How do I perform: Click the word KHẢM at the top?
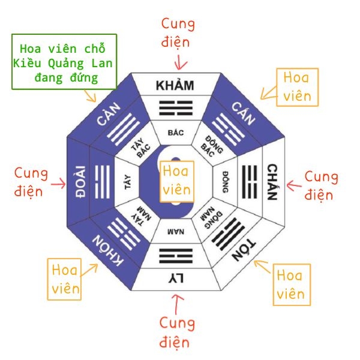point(175,85)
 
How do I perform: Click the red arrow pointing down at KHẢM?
point(178,61)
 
